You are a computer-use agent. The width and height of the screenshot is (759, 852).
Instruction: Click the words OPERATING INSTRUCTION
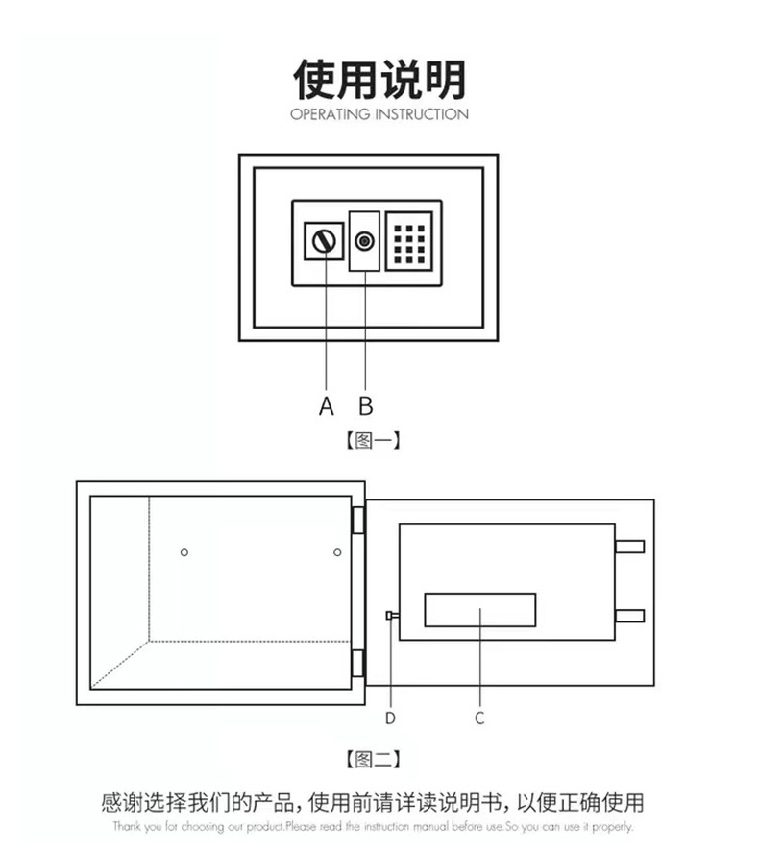379,114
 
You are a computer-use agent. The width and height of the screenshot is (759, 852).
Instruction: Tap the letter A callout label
327,406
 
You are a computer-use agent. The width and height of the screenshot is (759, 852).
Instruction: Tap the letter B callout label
365,406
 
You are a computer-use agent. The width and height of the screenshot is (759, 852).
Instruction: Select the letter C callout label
479,718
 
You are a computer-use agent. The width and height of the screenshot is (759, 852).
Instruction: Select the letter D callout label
390,718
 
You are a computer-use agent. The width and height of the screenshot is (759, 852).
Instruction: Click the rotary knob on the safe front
326,241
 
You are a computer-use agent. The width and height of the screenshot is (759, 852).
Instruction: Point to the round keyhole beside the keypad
365,241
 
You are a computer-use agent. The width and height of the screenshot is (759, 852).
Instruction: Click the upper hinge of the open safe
358,520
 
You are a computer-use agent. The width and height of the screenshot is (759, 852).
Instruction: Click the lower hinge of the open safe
358,663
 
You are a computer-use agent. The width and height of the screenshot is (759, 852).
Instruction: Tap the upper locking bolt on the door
629,547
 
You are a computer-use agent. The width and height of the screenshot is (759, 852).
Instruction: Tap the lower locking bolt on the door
629,615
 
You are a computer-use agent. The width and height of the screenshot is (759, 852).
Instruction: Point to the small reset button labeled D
390,616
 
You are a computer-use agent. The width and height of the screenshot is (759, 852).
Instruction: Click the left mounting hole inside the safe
184,551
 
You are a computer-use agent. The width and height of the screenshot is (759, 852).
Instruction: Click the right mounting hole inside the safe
337,551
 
